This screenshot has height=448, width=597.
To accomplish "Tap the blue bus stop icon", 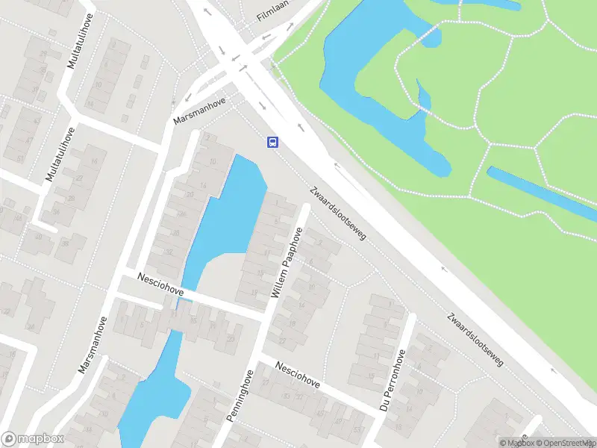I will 274,143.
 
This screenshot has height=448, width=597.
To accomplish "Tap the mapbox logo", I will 33,439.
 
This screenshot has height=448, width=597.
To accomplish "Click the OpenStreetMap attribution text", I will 563,443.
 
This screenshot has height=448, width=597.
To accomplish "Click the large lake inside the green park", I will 373,90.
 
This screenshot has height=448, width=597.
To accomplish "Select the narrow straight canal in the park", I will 537,190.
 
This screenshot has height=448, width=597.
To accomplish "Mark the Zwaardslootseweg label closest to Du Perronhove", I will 475,338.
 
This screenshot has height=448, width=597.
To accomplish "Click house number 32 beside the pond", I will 169,252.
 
